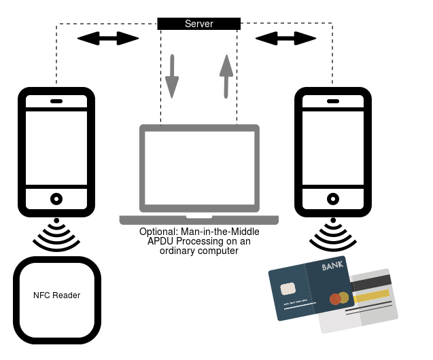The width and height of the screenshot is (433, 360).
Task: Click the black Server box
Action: (198, 24)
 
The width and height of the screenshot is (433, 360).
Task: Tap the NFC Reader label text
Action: (56, 295)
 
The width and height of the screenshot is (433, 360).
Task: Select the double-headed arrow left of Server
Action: (108, 38)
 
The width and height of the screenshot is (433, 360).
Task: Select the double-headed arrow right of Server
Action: (286, 38)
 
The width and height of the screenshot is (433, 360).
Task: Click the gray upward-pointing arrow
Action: (226, 77)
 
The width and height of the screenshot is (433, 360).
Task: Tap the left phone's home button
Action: (56, 199)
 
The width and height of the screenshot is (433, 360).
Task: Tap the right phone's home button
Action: (332, 199)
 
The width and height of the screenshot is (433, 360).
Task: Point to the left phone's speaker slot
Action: (56, 102)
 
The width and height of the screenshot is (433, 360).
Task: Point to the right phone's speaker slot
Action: (332, 102)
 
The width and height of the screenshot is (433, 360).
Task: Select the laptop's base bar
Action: (199, 220)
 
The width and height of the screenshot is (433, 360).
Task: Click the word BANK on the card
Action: (333, 266)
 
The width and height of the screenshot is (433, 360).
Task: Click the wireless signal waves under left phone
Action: (56, 234)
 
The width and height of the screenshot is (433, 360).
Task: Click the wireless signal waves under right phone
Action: (332, 234)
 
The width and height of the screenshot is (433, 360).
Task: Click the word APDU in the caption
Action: (163, 241)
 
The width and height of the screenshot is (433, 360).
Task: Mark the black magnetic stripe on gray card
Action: (370, 280)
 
